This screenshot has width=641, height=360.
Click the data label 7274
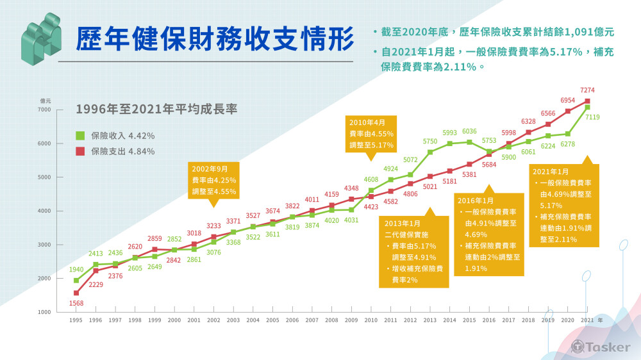587,92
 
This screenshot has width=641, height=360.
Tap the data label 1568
76,303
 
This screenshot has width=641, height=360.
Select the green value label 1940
76,270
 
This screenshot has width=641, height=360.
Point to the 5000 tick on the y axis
44,177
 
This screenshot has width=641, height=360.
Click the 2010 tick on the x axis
371,319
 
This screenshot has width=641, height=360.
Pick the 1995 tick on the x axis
76,319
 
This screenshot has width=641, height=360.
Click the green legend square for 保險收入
80,136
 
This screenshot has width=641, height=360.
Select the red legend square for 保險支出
80,152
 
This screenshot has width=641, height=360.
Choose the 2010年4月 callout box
372,134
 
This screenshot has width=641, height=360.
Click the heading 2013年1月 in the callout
403,223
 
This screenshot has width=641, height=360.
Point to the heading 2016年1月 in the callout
475,200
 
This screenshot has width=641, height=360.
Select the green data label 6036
469,132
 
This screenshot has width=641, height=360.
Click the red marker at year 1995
76,293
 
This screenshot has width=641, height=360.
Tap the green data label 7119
592,117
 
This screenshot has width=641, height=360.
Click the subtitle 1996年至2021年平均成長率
156,109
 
